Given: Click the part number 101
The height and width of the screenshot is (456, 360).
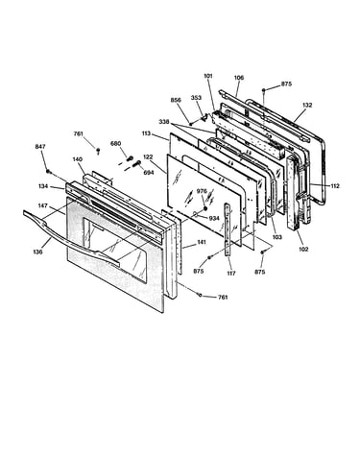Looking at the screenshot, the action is point(208,76).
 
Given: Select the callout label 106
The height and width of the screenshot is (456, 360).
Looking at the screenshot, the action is point(239,78).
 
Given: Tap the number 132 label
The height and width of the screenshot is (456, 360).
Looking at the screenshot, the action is point(307,106).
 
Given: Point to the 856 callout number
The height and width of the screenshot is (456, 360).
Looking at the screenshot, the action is point(176,100).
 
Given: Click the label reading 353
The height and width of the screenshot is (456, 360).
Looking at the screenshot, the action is point(196,97).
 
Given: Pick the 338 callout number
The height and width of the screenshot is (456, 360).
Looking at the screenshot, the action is point(165,122).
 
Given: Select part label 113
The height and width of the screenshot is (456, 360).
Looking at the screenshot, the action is point(146,133).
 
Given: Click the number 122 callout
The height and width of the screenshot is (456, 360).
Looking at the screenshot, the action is point(148,157).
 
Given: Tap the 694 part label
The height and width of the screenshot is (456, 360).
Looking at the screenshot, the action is point(149,173).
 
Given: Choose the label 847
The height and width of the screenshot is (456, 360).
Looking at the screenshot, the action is point(40,147).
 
